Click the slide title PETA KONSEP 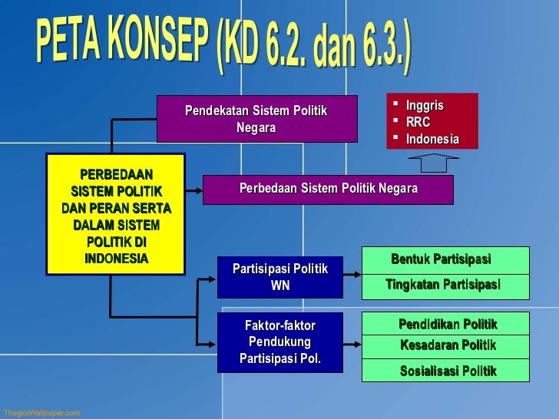click(x=223, y=48)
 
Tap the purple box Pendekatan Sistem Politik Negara click(x=256, y=119)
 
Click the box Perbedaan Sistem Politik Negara click(x=328, y=189)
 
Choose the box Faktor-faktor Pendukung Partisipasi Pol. click(x=279, y=342)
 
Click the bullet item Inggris click(x=424, y=106)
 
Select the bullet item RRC click(x=418, y=122)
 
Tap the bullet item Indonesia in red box click(x=432, y=139)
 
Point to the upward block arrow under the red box click(x=432, y=163)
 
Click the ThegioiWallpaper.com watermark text click(x=41, y=413)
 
